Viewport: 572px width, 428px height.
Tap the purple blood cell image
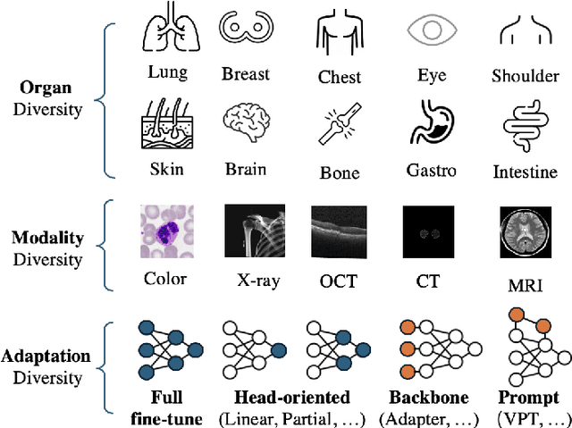pyautogui.click(x=165, y=231)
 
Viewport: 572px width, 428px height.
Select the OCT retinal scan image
pyautogui.click(x=339, y=231)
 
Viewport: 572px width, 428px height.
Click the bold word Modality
pyautogui.click(x=46, y=239)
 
